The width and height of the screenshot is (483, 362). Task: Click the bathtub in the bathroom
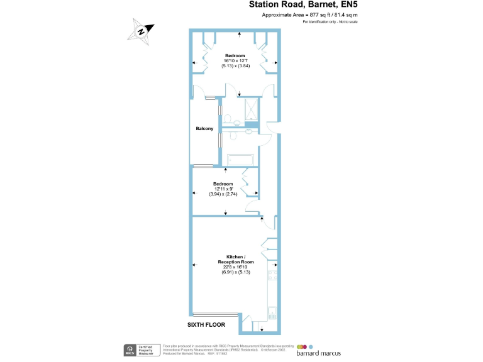click(238, 160)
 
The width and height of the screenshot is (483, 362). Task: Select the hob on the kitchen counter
click(273, 271)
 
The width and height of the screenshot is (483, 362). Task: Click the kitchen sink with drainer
click(273, 313)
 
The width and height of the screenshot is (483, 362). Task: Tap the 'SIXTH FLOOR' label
click(206, 325)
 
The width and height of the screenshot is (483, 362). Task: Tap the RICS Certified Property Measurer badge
click(140, 349)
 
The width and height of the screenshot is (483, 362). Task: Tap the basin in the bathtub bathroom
click(250, 131)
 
